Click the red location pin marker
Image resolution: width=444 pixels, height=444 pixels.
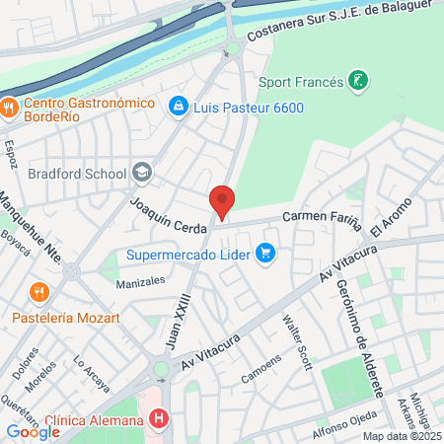point(222,202)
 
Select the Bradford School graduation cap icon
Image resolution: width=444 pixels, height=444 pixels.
point(143,174)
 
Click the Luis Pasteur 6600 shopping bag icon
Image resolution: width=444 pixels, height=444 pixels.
point(179,105)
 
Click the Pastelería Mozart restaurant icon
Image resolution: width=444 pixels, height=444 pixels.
point(38,292)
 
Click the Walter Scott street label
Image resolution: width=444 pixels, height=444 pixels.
point(297,341)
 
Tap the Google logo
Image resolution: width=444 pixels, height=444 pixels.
point(34,430)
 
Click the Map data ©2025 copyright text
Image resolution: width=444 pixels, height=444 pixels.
point(401,436)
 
